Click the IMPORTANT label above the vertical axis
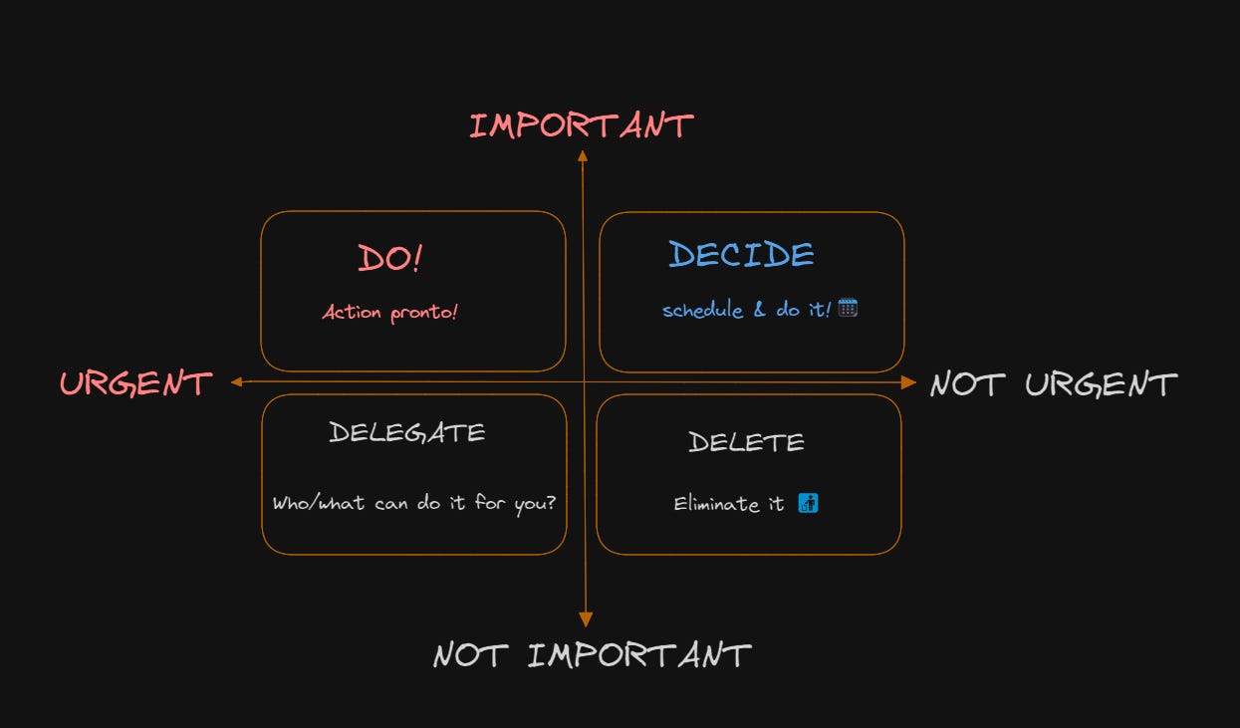click(x=581, y=125)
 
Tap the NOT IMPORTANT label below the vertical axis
click(x=592, y=655)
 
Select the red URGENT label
click(x=135, y=383)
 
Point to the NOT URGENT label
click(x=1053, y=384)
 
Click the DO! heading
click(x=389, y=258)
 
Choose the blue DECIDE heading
click(x=741, y=255)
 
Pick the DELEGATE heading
click(x=407, y=432)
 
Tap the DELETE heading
click(x=746, y=442)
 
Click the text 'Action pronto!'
click(x=389, y=312)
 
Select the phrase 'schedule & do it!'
click(x=746, y=310)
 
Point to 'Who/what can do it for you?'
click(x=413, y=502)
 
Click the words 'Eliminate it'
click(x=729, y=504)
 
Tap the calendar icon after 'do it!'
click(x=848, y=308)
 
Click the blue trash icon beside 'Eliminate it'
click(x=808, y=503)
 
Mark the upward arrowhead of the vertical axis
click(x=583, y=155)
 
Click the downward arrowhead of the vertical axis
click(x=586, y=620)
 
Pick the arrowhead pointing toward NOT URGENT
click(x=908, y=382)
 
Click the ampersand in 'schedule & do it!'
click(x=759, y=310)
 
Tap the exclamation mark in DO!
click(x=416, y=258)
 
